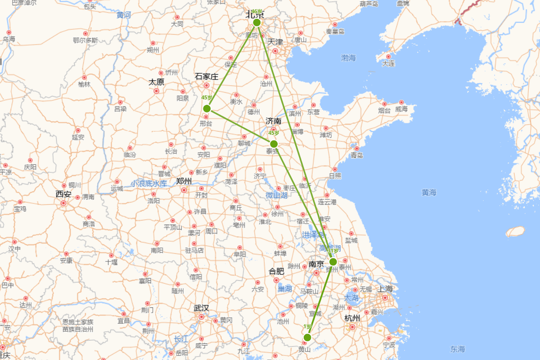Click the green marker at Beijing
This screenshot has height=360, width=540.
[257, 22]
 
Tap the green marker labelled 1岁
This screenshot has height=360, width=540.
[307, 337]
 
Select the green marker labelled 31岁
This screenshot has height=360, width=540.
[333, 262]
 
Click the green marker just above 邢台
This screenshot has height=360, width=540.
[207, 108]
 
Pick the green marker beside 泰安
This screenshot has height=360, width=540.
[274, 144]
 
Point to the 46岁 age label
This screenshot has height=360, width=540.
[256, 12]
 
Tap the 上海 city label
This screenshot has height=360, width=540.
[386, 288]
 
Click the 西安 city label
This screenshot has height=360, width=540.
[63, 194]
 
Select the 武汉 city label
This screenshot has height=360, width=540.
[201, 308]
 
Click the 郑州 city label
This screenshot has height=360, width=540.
[184, 181]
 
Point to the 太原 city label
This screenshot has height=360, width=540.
[157, 82]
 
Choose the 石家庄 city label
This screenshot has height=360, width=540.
[207, 76]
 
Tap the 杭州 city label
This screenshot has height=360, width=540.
[352, 318]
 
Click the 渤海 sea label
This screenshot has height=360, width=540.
[348, 58]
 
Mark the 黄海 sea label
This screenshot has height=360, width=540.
[429, 193]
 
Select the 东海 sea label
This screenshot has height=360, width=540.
[458, 349]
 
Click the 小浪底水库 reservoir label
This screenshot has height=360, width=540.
[149, 184]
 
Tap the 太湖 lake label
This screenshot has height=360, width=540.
[351, 298]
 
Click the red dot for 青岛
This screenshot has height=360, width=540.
[357, 148]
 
